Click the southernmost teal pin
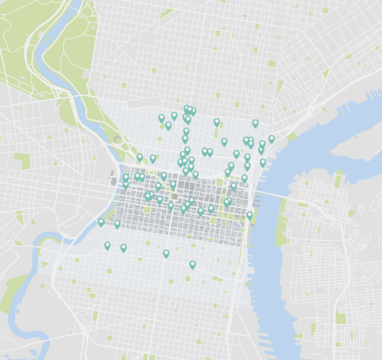pyautogui.click(x=192, y=265)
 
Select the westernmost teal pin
pyautogui.click(x=101, y=222)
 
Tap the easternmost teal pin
pyautogui.click(x=271, y=139)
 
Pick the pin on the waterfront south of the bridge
pyautogui.click(x=249, y=215)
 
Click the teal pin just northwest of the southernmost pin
pyautogui.click(x=166, y=254)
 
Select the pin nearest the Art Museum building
pyautogui.click(x=140, y=157)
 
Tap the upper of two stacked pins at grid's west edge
pyautogui.click(x=126, y=178)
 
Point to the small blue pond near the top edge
pyautogui.click(x=245, y=16)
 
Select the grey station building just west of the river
pyautogui.click(x=113, y=181)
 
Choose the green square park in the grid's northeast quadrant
pyautogui.click(x=219, y=182)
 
